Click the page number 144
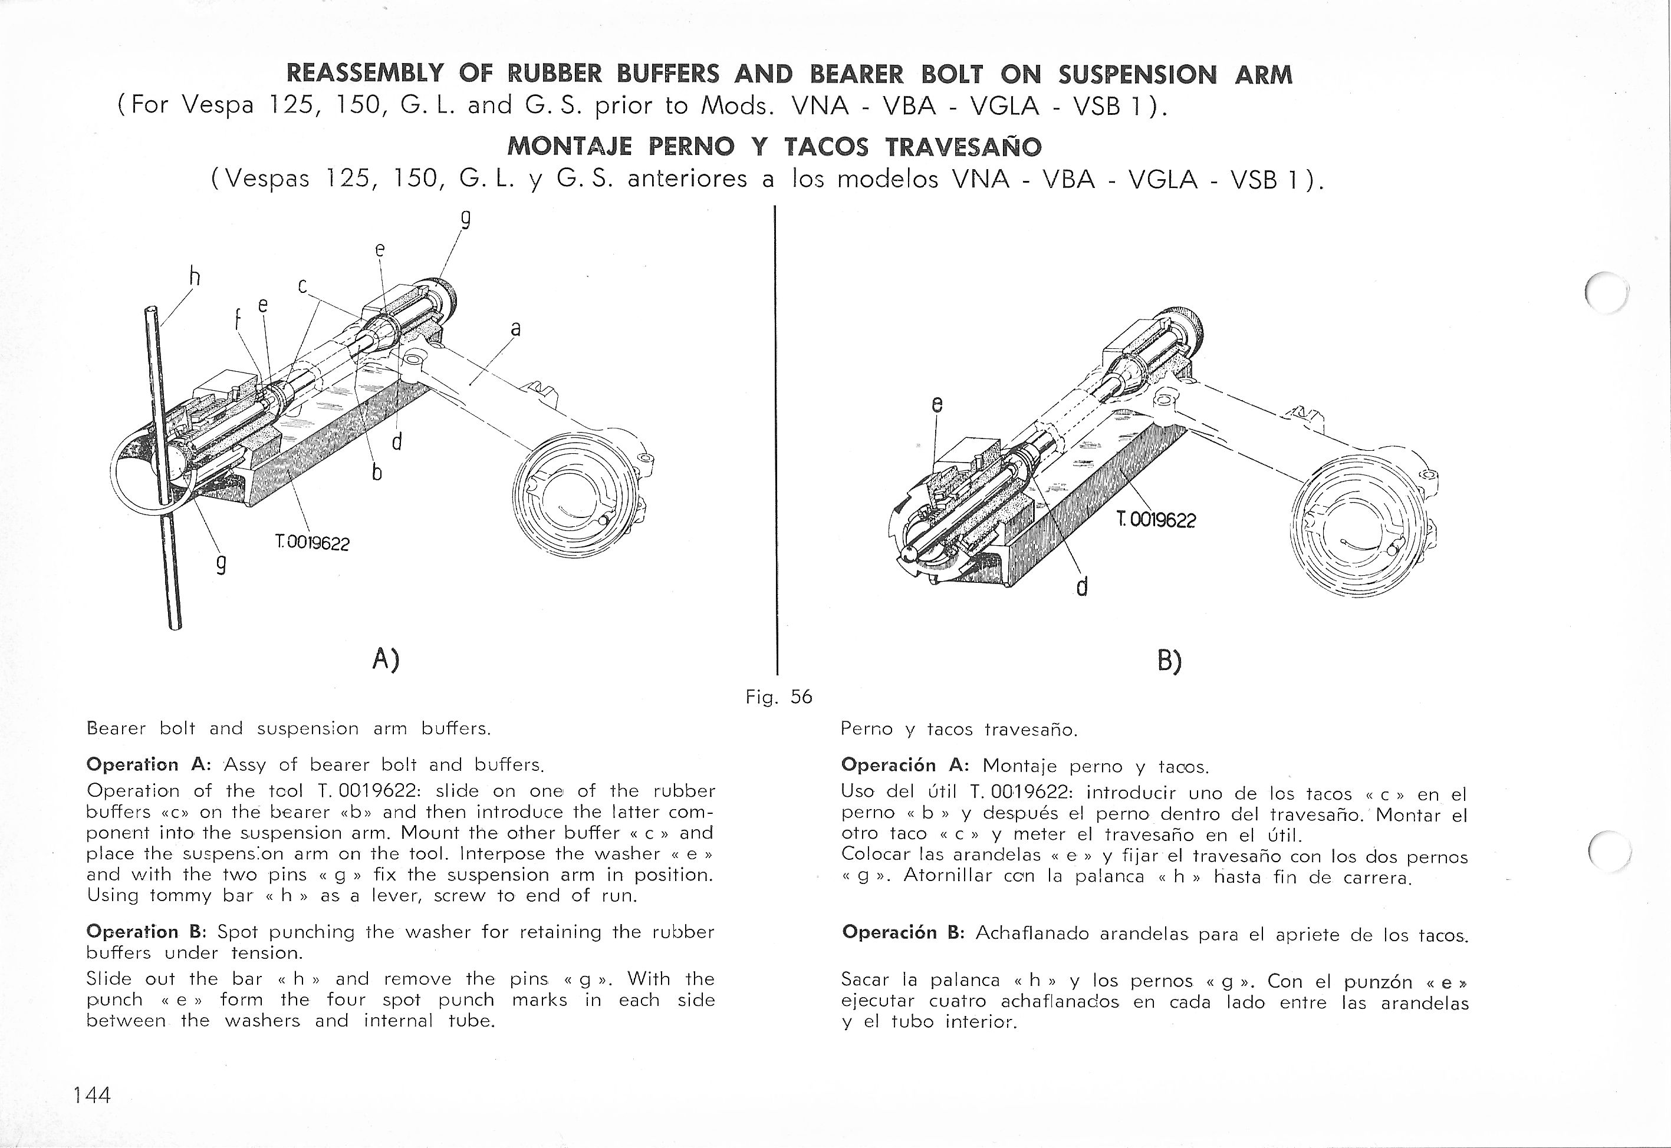(x=91, y=1095)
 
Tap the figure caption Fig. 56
(x=779, y=696)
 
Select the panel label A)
(x=386, y=658)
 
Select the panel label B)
(x=1169, y=660)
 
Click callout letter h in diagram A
(x=193, y=277)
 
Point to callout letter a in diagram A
(x=515, y=329)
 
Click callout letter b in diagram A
(x=376, y=473)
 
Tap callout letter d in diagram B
(x=1080, y=587)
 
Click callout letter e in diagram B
(x=936, y=405)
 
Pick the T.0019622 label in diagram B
(x=1155, y=519)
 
